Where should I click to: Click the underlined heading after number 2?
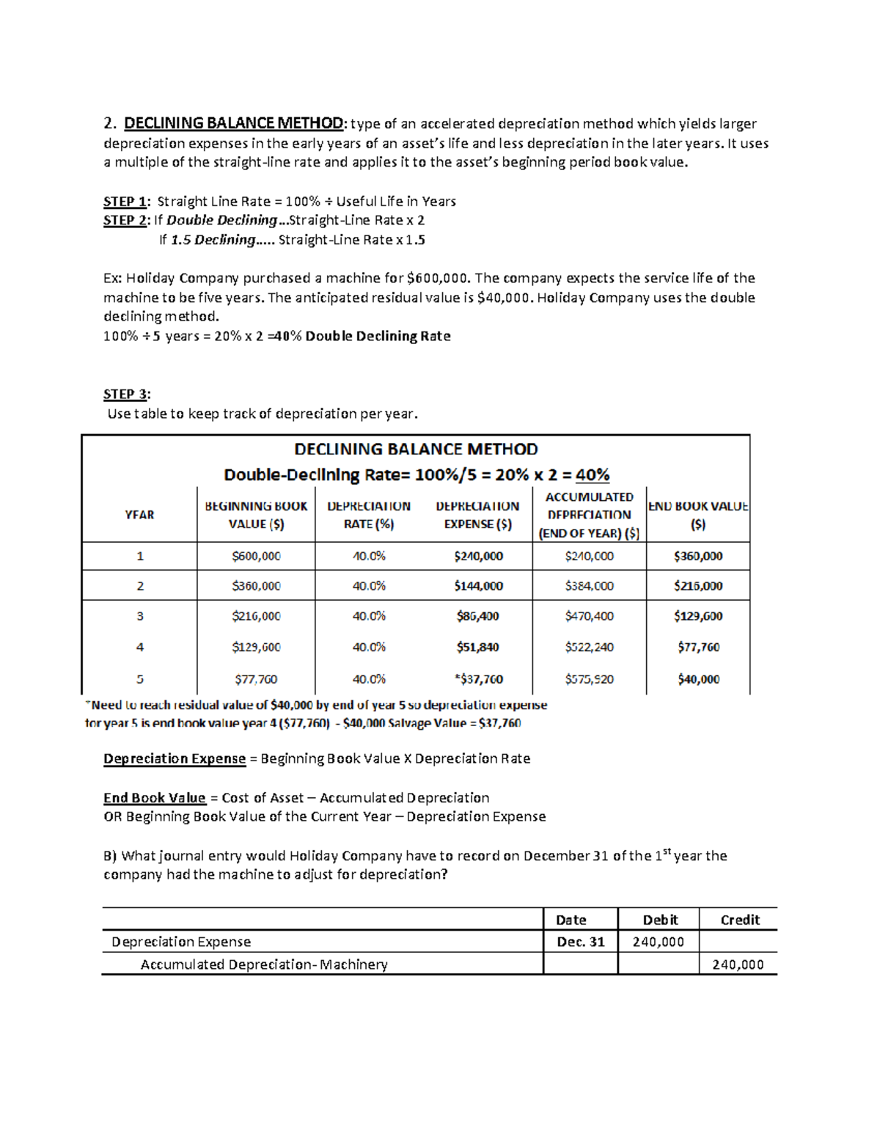233,123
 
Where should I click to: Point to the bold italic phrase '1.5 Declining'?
213,240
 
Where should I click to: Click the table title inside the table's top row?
416,449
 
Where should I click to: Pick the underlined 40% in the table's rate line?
593,475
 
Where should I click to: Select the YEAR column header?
139,515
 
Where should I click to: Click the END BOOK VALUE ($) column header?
698,515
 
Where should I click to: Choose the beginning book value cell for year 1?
256,556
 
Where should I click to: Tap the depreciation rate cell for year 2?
369,586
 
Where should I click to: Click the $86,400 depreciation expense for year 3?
478,616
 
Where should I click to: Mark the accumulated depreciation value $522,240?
589,647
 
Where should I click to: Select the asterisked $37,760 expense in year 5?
478,679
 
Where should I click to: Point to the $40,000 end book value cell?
698,679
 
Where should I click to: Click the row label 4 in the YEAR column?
139,647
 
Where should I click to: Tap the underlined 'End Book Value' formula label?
154,798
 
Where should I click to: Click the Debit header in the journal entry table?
659,920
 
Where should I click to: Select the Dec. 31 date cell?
580,942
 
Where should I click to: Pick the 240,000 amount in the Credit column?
738,964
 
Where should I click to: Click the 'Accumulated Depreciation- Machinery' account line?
264,964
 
